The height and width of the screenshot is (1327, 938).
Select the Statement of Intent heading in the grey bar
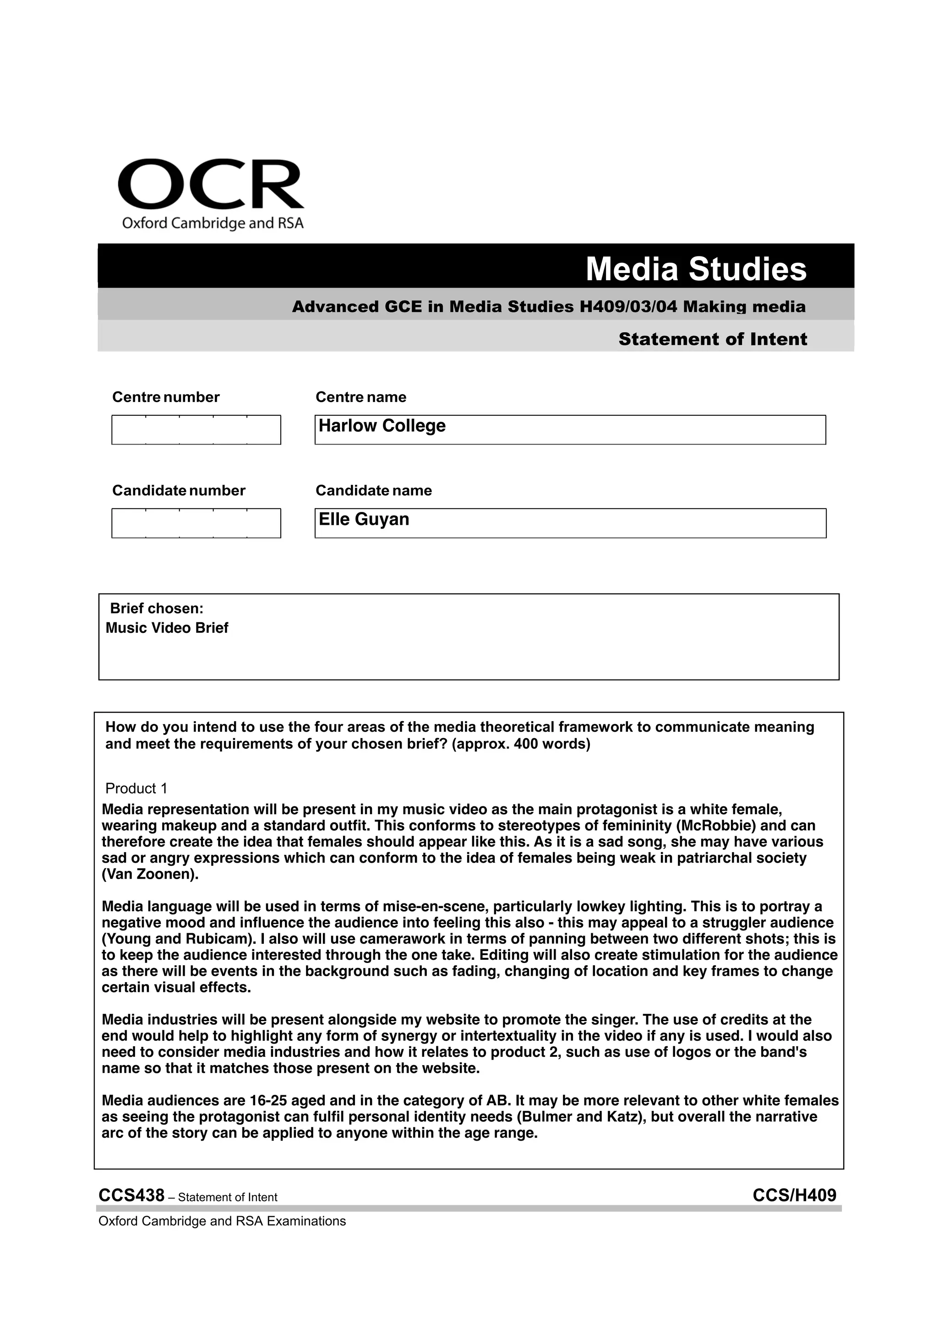[x=712, y=339]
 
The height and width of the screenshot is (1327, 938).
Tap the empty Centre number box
[x=196, y=430]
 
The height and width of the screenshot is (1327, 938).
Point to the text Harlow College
[x=382, y=426]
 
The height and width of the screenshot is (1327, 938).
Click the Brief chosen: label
[x=157, y=609]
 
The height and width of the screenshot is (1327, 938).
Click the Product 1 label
[x=136, y=789]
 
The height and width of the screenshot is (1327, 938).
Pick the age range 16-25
[x=268, y=1101]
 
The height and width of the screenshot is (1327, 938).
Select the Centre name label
[x=360, y=397]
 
